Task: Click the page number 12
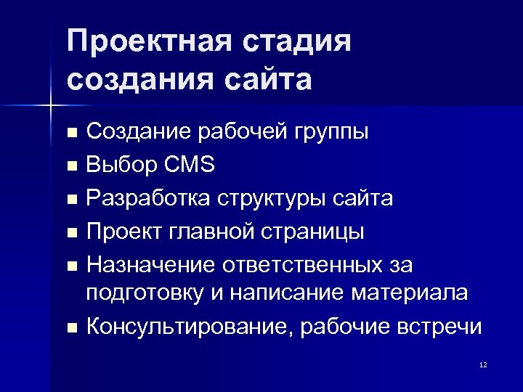pos(483,364)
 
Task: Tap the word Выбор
pos(119,165)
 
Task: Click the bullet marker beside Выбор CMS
pos(70,166)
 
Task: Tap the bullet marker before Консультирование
pos(70,328)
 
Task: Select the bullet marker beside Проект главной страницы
pos(70,233)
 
